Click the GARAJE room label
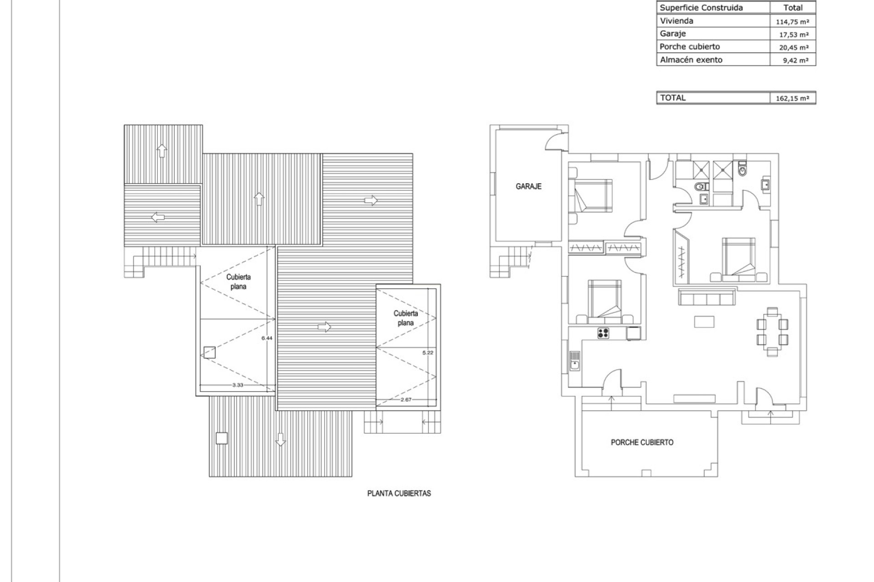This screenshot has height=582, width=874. [528, 186]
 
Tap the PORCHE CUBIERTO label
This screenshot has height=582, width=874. [642, 442]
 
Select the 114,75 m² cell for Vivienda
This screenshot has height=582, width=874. [792, 21]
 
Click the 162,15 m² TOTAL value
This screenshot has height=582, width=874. [792, 98]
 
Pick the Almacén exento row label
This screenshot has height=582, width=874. [691, 60]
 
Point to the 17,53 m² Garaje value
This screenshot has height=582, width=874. [792, 35]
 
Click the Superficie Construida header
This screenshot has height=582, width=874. [701, 8]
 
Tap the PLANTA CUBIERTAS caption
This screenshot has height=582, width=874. [399, 493]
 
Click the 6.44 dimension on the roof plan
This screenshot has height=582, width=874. [267, 338]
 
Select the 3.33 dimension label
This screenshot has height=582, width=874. [238, 385]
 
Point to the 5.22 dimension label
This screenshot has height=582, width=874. [427, 352]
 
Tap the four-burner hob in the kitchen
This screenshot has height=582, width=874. [603, 333]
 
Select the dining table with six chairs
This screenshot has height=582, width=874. [772, 332]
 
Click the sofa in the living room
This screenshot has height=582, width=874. [706, 298]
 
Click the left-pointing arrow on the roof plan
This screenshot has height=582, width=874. [158, 217]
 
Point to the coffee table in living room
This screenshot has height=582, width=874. [704, 322]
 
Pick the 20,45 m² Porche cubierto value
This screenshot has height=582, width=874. [792, 47]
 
